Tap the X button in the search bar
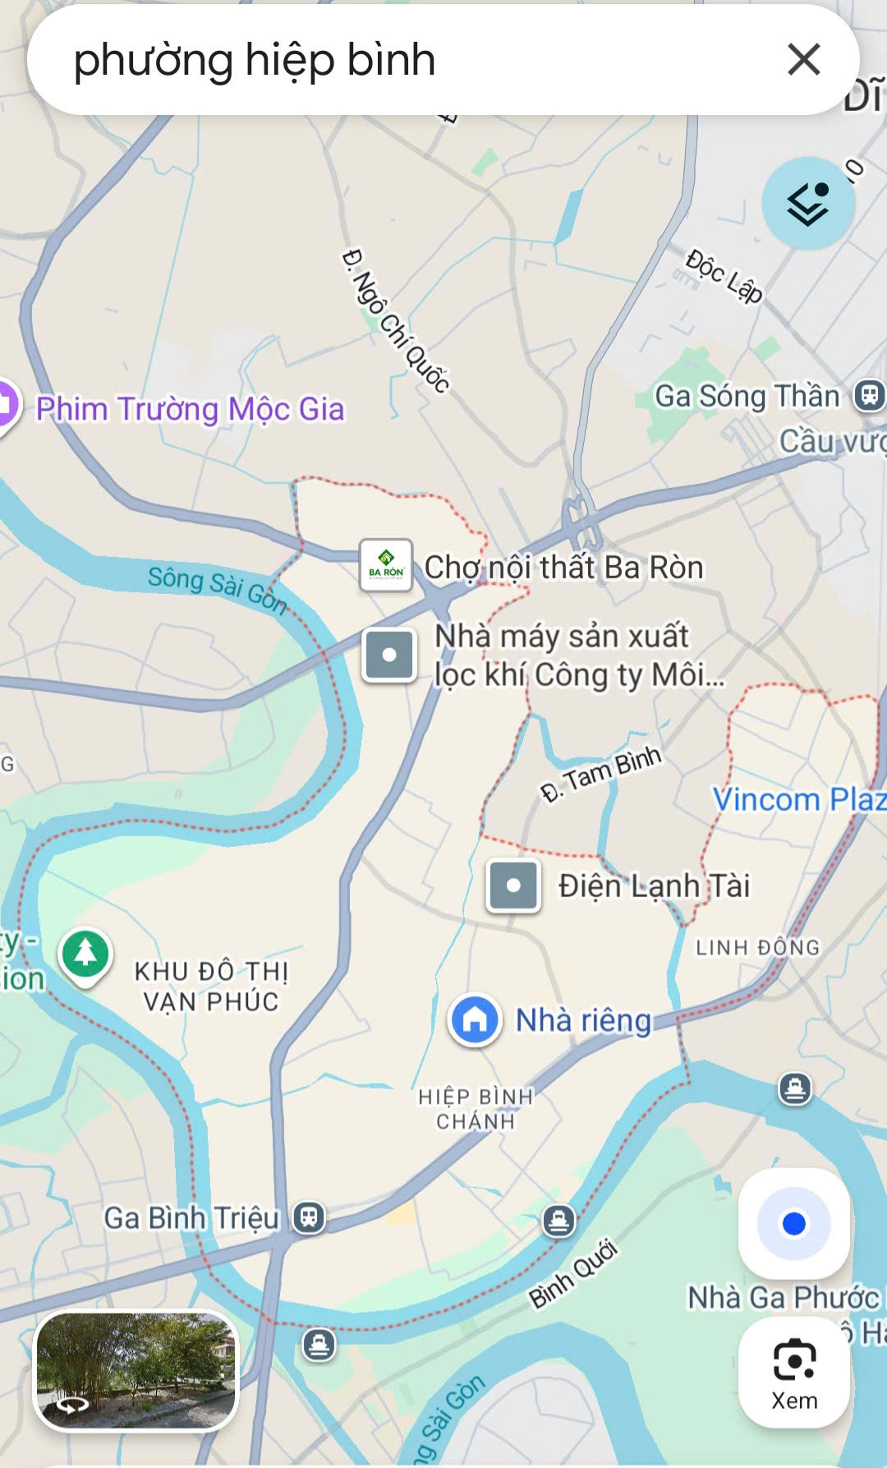[803, 60]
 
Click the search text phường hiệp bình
[255, 60]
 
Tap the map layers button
[808, 203]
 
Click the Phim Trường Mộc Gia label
[190, 408]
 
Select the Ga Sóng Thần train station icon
[868, 395]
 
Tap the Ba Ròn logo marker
[386, 565]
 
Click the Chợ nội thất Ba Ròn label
[563, 567]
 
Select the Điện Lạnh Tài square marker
[513, 886]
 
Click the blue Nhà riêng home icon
[475, 1019]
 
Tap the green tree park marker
[85, 955]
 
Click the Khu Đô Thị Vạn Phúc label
[211, 986]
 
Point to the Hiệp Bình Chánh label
[476, 1108]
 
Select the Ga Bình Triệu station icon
[309, 1217]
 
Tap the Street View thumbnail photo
[136, 1369]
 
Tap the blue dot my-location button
[794, 1224]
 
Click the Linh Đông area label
[757, 947]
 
